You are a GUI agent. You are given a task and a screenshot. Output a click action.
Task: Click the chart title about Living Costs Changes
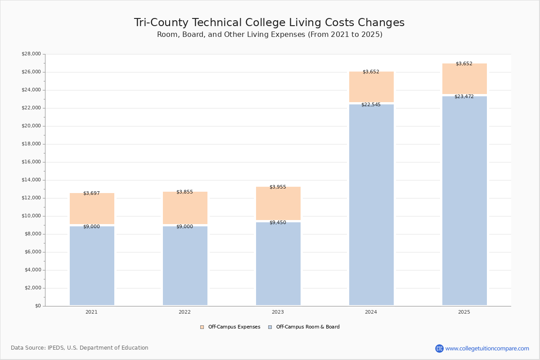269,22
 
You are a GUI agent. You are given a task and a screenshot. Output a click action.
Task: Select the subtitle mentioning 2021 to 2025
270,35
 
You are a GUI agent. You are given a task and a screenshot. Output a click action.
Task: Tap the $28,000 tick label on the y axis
31,54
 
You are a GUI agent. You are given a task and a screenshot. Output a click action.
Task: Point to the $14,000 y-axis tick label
31,180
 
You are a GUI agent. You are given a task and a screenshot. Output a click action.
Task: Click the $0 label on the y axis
38,306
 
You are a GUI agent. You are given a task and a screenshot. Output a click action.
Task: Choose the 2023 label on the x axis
278,312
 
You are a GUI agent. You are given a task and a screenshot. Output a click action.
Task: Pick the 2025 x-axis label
464,312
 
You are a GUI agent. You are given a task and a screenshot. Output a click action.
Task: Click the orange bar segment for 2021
92,208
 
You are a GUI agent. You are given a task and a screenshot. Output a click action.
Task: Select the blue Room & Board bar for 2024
371,205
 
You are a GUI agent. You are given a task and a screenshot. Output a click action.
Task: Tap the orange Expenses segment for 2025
464,79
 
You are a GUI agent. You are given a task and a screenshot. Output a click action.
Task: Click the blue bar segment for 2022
185,265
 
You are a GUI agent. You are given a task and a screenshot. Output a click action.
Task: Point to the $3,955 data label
278,187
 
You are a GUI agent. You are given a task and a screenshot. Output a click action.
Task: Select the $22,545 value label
371,105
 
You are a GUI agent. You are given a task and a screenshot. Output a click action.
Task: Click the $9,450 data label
278,222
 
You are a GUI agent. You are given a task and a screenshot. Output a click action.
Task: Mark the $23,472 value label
464,96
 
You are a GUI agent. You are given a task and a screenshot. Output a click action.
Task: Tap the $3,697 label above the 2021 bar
92,193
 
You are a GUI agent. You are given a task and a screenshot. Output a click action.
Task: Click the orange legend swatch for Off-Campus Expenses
202,327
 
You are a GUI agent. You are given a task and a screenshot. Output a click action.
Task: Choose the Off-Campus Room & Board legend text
308,327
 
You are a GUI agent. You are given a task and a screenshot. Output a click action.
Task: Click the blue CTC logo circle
439,348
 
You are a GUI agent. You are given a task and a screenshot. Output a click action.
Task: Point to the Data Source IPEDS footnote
80,348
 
